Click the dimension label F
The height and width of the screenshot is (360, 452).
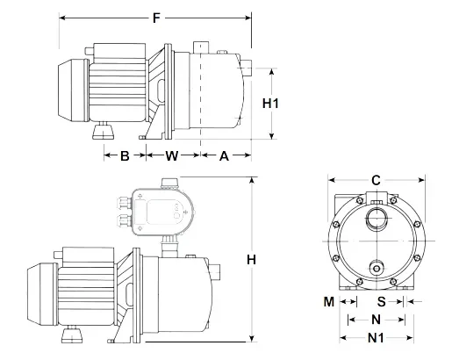tap(156, 16)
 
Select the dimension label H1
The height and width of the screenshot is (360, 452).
tap(271, 103)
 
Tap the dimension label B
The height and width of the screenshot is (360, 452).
tap(125, 156)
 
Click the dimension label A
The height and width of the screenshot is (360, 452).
tap(224, 156)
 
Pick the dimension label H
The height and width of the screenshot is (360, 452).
tap(251, 260)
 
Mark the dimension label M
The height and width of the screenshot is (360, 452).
tap(328, 301)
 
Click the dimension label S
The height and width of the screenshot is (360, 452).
tap(394, 301)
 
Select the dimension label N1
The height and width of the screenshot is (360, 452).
tap(376, 338)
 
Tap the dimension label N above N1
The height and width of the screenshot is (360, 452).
tap(376, 320)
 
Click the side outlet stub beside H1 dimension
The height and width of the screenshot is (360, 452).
tap(248, 67)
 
